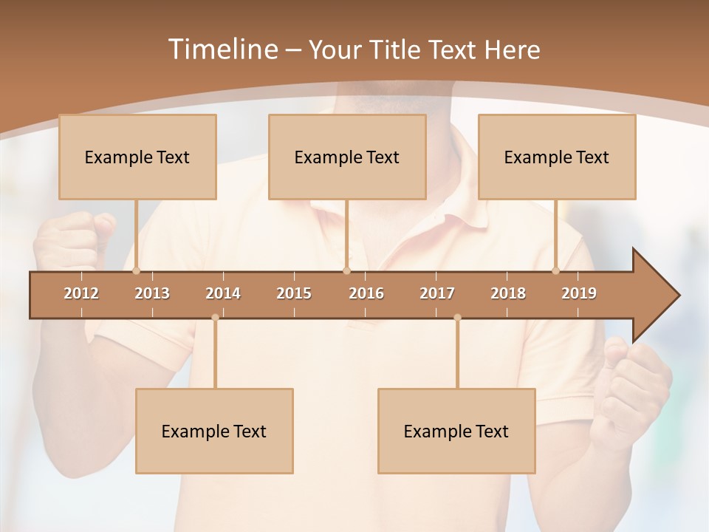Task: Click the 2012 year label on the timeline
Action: coord(81,293)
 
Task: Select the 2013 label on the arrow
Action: coord(152,293)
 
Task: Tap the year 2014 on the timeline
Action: coord(223,293)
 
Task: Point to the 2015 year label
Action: coord(294,293)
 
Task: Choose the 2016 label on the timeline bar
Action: coord(366,293)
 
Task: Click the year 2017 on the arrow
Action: coord(437,293)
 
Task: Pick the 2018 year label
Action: coord(508,293)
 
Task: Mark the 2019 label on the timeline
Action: coord(579,293)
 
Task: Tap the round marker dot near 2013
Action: coord(136,271)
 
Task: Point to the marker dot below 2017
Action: coord(457,318)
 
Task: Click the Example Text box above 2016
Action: coord(347,157)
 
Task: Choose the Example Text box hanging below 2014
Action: coord(214,431)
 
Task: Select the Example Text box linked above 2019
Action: coord(557,157)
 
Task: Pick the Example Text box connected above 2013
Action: coord(137,157)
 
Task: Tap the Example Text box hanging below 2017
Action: coord(456,431)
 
